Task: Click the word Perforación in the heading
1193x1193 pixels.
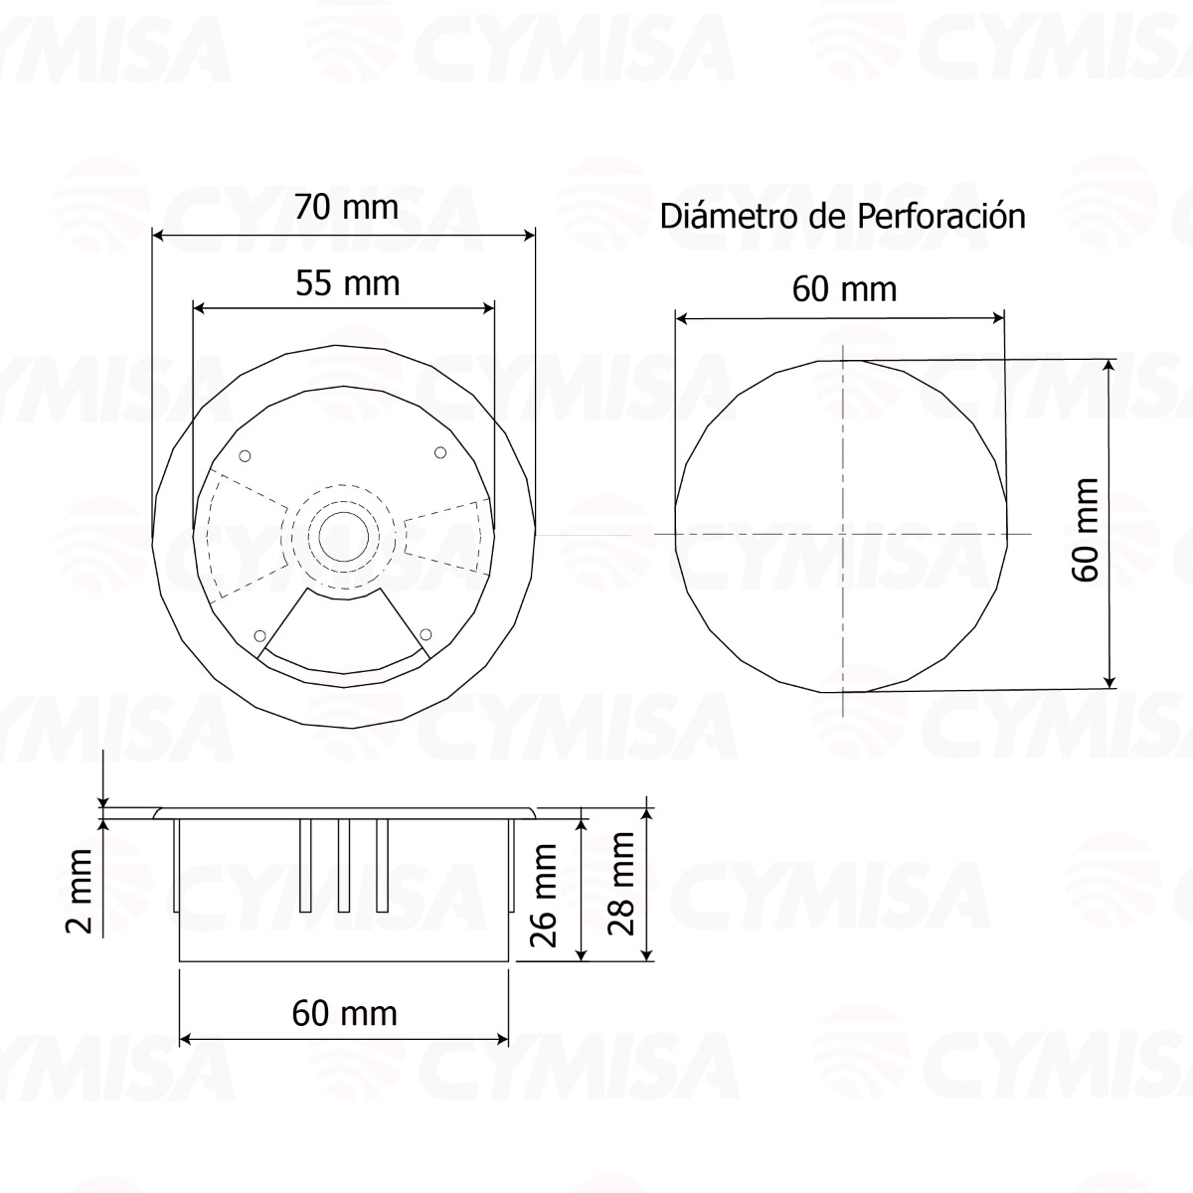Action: tap(939, 216)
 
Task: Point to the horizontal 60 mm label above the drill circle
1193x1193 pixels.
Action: tap(844, 289)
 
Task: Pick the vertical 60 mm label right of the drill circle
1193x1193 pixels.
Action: tap(1086, 530)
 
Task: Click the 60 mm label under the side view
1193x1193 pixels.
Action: tap(344, 1013)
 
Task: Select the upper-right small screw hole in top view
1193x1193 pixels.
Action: tap(440, 453)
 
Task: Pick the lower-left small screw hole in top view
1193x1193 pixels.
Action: tap(260, 635)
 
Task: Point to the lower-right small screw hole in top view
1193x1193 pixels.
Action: tap(426, 633)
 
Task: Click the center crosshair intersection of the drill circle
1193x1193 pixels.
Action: tap(842, 534)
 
